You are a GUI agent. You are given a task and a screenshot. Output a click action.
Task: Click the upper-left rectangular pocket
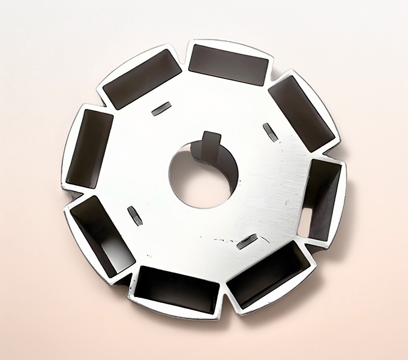(142, 79)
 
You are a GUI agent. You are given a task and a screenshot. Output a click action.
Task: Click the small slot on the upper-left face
(161, 109)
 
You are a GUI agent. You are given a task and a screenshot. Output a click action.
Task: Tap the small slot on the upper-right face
(271, 132)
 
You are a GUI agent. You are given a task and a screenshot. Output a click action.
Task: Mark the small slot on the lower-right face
(247, 241)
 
